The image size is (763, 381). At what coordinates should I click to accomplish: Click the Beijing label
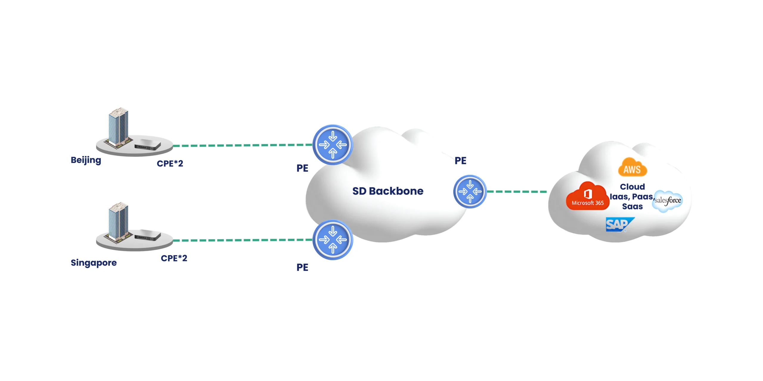(x=86, y=160)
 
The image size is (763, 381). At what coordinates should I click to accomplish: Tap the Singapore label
(x=94, y=263)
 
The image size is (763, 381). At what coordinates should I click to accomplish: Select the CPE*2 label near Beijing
(x=170, y=163)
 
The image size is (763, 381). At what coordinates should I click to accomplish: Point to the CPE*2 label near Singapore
(x=174, y=258)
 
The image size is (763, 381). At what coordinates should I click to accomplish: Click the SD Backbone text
(x=388, y=191)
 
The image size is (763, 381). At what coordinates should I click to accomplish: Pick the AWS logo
(x=632, y=168)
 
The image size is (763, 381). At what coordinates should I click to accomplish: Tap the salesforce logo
(x=668, y=201)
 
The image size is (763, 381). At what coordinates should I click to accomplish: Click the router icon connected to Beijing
(x=333, y=145)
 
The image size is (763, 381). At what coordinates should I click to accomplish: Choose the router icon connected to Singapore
(x=333, y=240)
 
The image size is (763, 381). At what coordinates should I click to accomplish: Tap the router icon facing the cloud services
(x=470, y=191)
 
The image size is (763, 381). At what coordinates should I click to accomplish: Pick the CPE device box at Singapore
(x=148, y=235)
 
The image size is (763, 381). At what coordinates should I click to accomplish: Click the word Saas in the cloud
(x=632, y=207)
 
